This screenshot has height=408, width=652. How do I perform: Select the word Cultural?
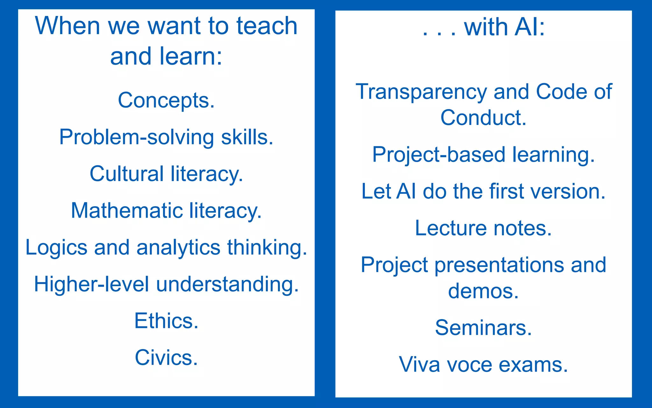pyautogui.click(x=126, y=174)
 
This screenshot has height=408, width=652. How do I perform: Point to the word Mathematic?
pyautogui.click(x=126, y=211)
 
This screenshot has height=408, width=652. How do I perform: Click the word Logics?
pyautogui.click(x=56, y=248)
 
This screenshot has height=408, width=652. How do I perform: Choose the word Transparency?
pyautogui.click(x=421, y=92)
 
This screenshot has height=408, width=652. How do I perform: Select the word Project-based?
pyautogui.click(x=438, y=155)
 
